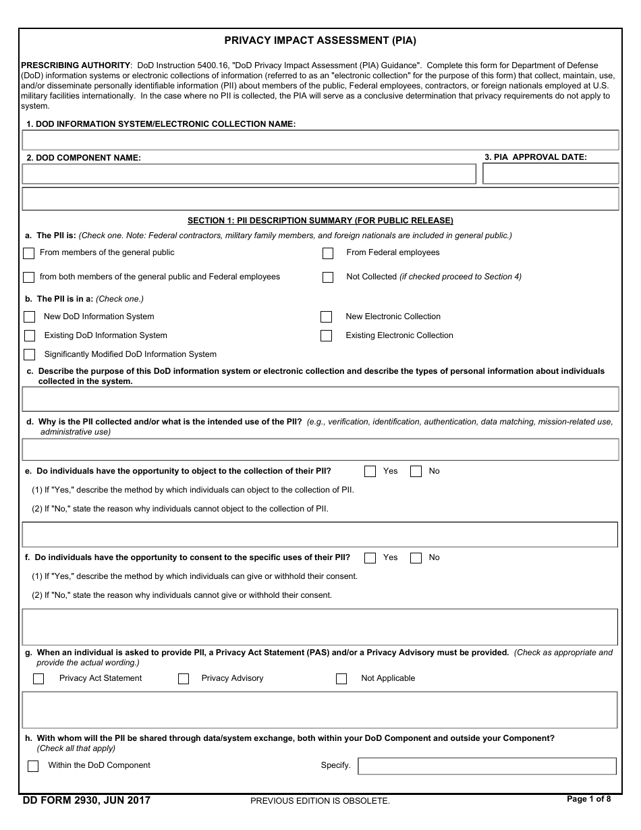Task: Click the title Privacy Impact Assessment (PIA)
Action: [320, 40]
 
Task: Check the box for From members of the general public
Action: [28, 254]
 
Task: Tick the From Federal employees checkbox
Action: [328, 254]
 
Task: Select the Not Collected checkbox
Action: [328, 277]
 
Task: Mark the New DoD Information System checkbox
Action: [30, 317]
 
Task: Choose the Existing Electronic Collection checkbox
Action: [327, 336]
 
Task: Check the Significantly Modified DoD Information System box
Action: [30, 355]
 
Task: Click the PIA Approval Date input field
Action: [551, 173]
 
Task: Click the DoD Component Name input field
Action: [248, 173]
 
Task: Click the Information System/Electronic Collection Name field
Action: [320, 140]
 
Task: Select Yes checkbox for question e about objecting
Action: [370, 472]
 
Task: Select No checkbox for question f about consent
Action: [416, 558]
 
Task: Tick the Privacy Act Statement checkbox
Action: [38, 679]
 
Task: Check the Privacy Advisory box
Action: [184, 679]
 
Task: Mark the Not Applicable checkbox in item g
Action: [341, 679]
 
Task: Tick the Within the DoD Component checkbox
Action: [33, 767]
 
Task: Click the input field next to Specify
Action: [486, 766]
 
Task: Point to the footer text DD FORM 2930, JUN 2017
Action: [86, 801]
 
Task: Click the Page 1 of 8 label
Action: [588, 800]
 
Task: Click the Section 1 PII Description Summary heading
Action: [320, 221]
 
